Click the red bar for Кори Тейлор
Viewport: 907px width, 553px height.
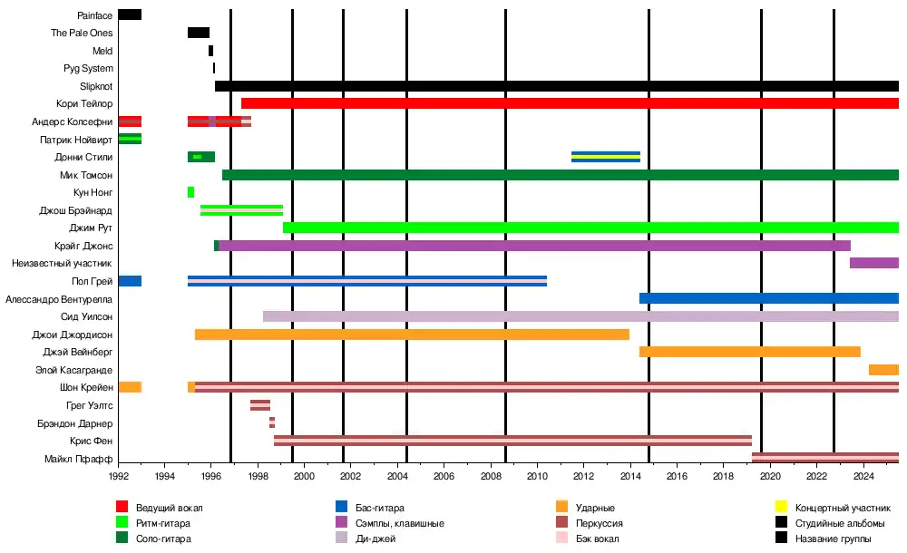[x=570, y=103]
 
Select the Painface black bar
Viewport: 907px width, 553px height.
[x=130, y=15]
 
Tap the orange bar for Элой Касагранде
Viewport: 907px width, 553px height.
[x=883, y=370]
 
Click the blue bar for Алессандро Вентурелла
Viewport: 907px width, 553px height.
[x=769, y=298]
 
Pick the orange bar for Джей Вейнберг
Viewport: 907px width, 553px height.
[x=750, y=352]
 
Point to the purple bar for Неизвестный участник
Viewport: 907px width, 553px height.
[x=874, y=263]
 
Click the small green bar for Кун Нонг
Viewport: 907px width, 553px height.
[x=190, y=192]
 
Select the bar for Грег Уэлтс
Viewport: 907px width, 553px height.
[x=260, y=405]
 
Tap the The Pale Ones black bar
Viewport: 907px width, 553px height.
[x=199, y=33]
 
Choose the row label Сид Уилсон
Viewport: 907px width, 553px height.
[x=87, y=316]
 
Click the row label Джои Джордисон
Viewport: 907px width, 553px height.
[x=73, y=335]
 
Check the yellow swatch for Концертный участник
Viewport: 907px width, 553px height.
[x=781, y=507]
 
